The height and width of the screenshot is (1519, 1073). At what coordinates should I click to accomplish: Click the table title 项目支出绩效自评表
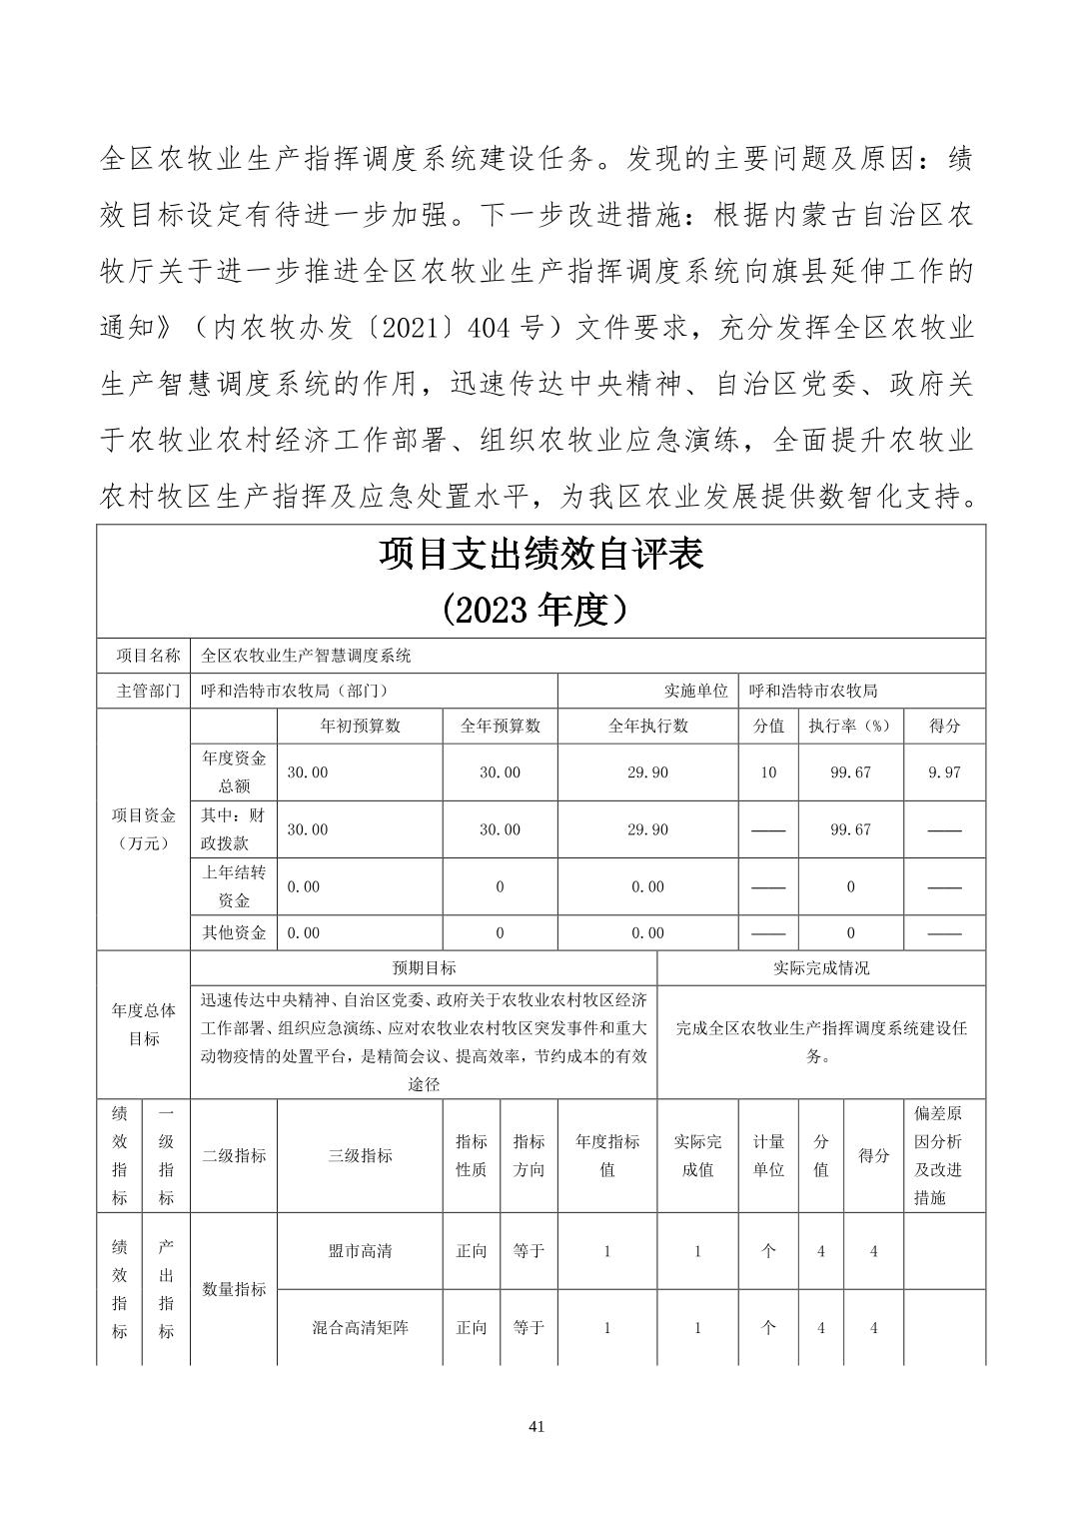click(x=540, y=555)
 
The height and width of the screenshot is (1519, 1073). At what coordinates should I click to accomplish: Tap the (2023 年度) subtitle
click(x=540, y=609)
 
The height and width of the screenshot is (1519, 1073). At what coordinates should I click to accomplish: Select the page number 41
click(x=536, y=1427)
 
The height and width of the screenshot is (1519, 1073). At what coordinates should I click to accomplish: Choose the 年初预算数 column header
click(x=360, y=727)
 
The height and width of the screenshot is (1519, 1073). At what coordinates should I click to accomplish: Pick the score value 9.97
click(x=944, y=772)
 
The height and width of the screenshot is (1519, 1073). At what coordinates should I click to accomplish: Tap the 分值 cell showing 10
click(x=768, y=772)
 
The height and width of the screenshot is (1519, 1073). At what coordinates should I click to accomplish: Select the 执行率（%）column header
click(x=850, y=727)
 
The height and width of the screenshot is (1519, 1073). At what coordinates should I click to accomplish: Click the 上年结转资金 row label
click(x=234, y=886)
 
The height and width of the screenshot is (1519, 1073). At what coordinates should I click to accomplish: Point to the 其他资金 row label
click(x=234, y=933)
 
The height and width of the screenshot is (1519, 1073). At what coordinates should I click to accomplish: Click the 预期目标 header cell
click(x=424, y=968)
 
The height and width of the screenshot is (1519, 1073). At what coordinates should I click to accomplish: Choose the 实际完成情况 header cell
click(x=821, y=968)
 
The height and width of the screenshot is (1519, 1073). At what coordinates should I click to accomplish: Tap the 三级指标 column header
click(x=360, y=1156)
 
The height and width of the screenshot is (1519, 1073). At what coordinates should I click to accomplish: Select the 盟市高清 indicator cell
click(x=360, y=1251)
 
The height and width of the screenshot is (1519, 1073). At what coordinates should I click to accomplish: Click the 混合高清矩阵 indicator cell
click(x=360, y=1328)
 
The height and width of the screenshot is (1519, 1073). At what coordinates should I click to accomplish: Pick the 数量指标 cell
click(x=234, y=1289)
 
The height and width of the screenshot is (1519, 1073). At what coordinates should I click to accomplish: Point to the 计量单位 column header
click(x=768, y=1156)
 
